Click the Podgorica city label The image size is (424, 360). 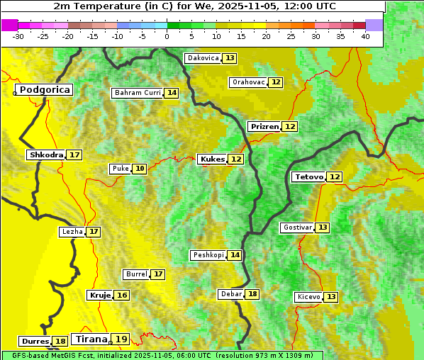tap(44, 90)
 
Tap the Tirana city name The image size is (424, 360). tap(90, 339)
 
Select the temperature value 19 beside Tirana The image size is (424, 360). tap(122, 339)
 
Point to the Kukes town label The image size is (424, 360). tap(211, 159)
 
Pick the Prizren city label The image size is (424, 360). tap(264, 126)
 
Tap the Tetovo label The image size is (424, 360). tap(308, 176)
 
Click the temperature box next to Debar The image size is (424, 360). tap(252, 294)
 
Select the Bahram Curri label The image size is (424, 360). tap(138, 93)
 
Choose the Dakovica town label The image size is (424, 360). tap(203, 58)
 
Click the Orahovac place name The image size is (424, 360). tap(248, 82)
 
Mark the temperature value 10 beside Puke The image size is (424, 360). tap(140, 169)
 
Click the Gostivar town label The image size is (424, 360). tap(296, 227)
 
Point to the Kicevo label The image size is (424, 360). tap(308, 297)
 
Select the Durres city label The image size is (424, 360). tap(35, 342)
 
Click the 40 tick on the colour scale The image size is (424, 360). tap(365, 36)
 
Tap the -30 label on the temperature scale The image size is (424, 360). tap(18, 36)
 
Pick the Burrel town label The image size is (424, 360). tap(135, 274)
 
